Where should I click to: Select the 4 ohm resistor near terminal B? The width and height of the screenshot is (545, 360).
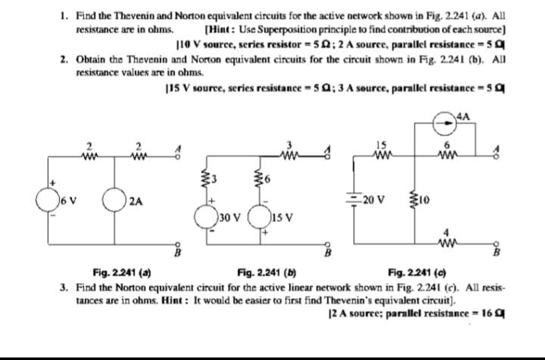pyautogui.click(x=446, y=247)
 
